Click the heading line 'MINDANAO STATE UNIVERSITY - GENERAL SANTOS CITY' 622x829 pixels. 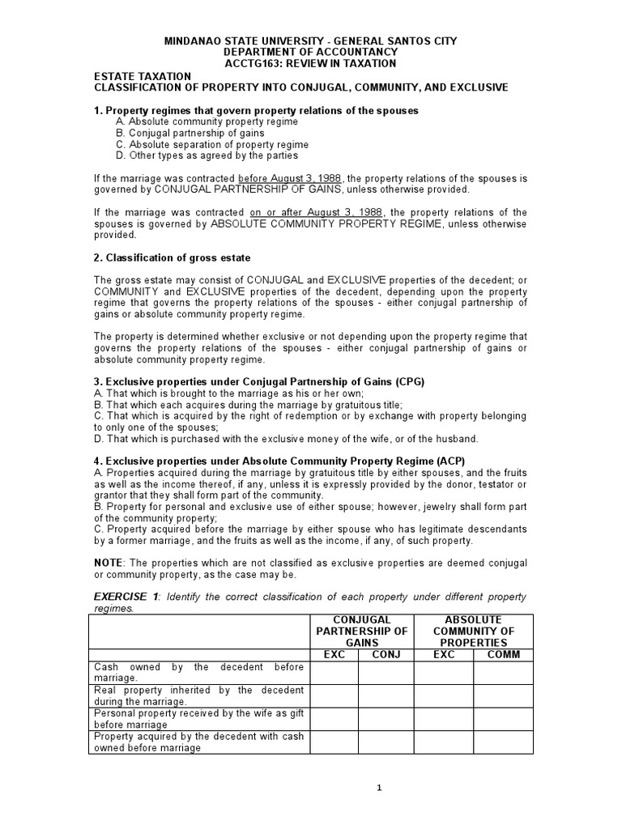(310, 40)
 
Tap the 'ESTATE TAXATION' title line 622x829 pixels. (142, 76)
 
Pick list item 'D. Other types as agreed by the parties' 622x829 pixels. (207, 155)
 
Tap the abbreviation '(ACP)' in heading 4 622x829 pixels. (436, 461)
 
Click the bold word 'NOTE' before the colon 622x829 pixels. (109, 563)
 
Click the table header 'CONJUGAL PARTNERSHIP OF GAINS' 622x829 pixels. (361, 631)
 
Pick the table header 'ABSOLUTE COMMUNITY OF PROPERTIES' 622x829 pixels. (474, 631)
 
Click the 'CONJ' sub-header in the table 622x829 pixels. (386, 654)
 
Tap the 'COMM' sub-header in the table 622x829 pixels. (504, 654)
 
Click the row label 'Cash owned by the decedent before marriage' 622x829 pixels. (199, 672)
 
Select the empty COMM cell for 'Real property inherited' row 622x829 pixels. (504, 695)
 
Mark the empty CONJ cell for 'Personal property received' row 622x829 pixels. (386, 718)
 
